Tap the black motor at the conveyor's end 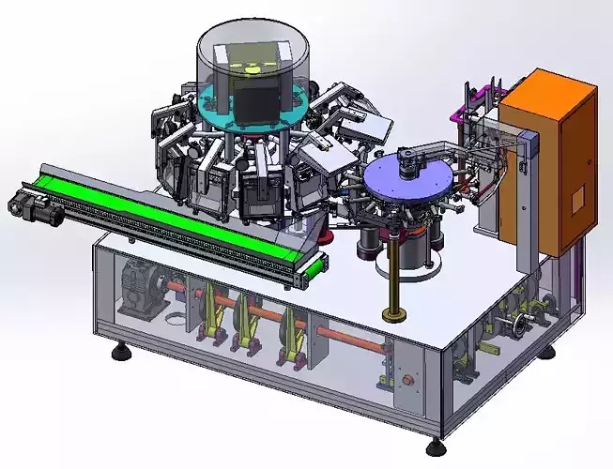coord(35,207)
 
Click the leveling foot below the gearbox coord(120,354)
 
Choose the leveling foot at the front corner coord(436,448)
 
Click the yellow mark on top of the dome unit coord(253,67)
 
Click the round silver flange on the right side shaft coord(514,327)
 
